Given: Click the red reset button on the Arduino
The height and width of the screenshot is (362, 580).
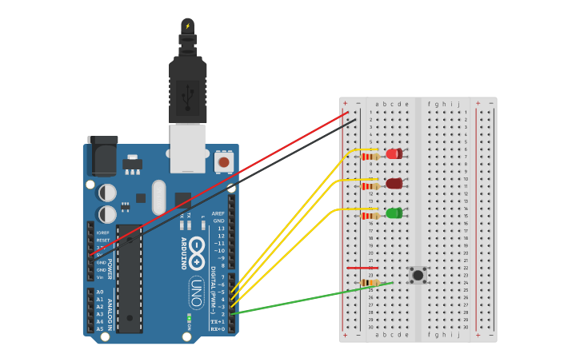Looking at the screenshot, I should click(224, 162).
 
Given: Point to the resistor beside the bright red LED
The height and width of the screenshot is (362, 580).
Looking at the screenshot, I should click(370, 157).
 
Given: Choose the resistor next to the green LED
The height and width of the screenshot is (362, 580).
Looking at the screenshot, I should click(370, 216).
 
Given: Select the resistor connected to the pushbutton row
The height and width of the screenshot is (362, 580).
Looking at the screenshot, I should click(370, 283).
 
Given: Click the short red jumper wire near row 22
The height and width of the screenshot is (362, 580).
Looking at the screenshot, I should click(362, 268).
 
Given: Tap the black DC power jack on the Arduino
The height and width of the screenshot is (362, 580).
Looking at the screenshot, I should click(102, 157).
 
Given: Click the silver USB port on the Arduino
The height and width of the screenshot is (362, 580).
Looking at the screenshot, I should click(188, 148).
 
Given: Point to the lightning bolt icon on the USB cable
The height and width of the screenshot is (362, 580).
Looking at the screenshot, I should click(188, 26).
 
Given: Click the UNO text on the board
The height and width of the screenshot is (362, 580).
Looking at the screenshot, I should click(196, 292).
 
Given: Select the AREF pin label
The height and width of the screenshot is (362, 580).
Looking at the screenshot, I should click(218, 213).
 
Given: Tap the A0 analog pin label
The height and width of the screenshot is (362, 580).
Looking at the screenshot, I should click(100, 292).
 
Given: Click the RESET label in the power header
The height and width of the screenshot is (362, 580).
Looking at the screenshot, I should click(103, 240).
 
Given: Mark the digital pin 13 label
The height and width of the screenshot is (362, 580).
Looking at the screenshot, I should click(221, 229).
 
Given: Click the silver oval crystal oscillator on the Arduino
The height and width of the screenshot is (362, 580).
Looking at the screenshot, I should click(158, 197).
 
